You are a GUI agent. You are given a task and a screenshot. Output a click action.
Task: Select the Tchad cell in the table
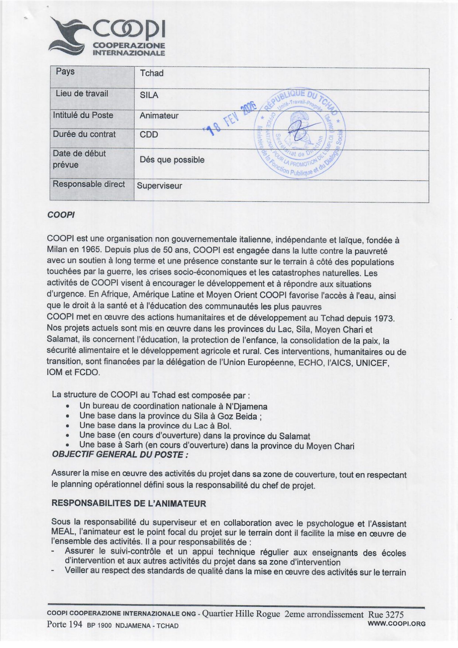[152, 73]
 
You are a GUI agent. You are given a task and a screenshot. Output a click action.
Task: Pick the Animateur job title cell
[159, 116]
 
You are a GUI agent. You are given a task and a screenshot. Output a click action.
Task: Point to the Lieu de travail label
[82, 93]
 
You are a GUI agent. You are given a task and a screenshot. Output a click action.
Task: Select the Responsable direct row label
[89, 184]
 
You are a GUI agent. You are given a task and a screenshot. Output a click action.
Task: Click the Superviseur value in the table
[159, 186]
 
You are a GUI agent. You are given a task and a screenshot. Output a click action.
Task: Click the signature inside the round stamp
[301, 130]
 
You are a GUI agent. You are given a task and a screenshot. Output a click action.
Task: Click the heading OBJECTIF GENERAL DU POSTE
[120, 455]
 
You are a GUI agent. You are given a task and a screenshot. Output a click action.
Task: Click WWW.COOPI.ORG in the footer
[397, 624]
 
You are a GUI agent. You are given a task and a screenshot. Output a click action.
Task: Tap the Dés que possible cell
[172, 160]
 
